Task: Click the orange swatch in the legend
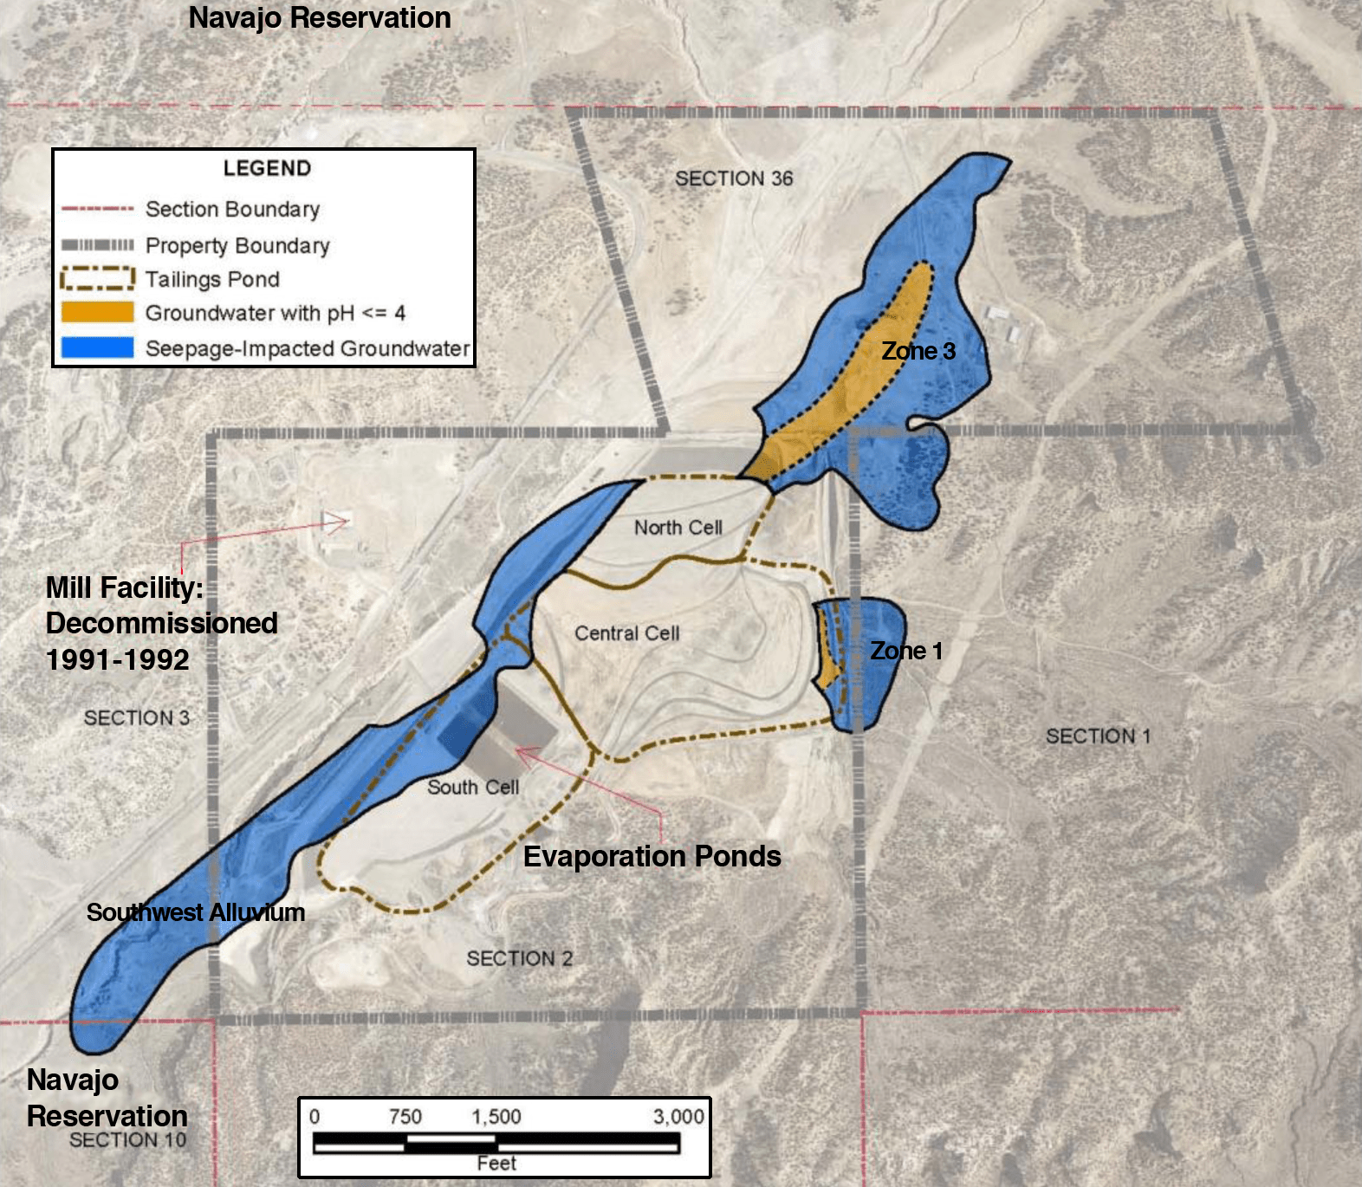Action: (97, 312)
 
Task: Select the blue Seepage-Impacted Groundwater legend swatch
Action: (97, 347)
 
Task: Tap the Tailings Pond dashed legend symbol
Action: (97, 278)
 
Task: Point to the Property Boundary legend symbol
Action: (97, 245)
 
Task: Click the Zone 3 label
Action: (918, 351)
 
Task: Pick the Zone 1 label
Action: (906, 651)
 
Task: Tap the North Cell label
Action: (678, 527)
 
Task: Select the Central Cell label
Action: (627, 633)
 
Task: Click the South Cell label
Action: (473, 787)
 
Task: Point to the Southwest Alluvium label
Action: (196, 912)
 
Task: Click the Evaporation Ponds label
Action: (652, 856)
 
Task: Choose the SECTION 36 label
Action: (734, 178)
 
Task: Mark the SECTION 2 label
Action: (520, 958)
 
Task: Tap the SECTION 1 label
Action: (1098, 736)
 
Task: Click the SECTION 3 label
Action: (137, 717)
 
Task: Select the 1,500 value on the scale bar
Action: (496, 1116)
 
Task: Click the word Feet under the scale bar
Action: (496, 1163)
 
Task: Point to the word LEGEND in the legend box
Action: (267, 168)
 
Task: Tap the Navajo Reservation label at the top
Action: (320, 17)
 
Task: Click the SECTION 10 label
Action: (128, 1140)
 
